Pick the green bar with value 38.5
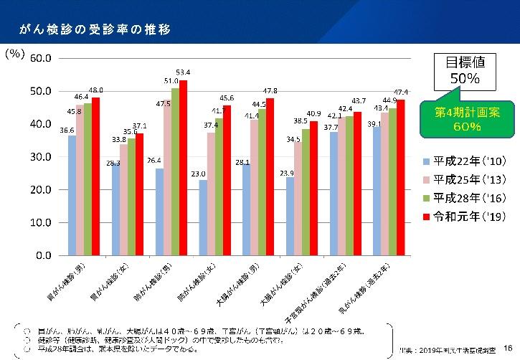(x=306, y=191)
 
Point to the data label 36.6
(x=67, y=130)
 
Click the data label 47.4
(x=401, y=92)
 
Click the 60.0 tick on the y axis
(x=40, y=58)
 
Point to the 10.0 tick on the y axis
(x=40, y=222)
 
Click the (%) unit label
(x=15, y=55)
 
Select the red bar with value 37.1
(x=140, y=194)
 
